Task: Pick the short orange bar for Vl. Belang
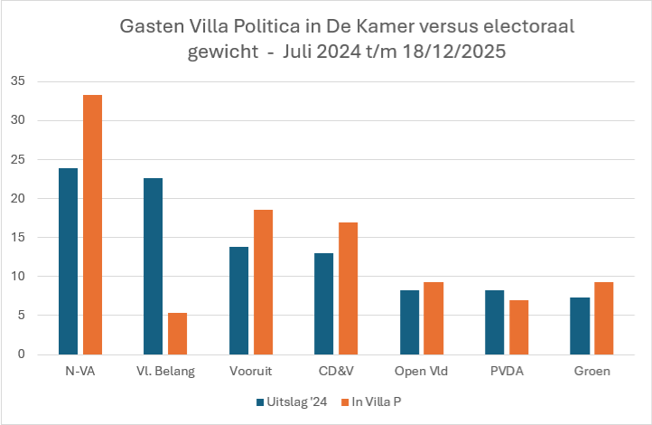177,334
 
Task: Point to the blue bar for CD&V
323,304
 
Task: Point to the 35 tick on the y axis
42,81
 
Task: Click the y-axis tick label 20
42,198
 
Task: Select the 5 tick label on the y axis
45,315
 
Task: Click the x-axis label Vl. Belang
165,371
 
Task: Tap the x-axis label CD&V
336,371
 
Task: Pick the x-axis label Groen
591,371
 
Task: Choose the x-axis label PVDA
506,371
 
